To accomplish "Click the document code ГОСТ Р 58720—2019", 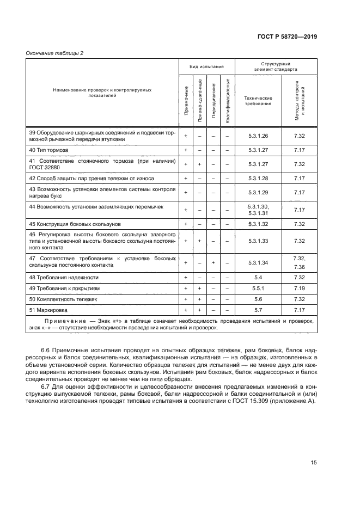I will pyautogui.click(x=286, y=36).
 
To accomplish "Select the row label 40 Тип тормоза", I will pyautogui.click(x=48, y=150).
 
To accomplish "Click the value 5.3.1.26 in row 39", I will pyautogui.click(x=259, y=136).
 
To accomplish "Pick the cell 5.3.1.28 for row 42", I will pyautogui.click(x=259, y=178).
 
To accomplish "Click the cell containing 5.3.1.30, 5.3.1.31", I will pyautogui.click(x=259, y=210).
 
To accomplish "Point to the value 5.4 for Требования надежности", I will pyautogui.click(x=259, y=277).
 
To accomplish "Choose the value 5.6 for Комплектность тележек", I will pyautogui.click(x=259, y=299).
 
